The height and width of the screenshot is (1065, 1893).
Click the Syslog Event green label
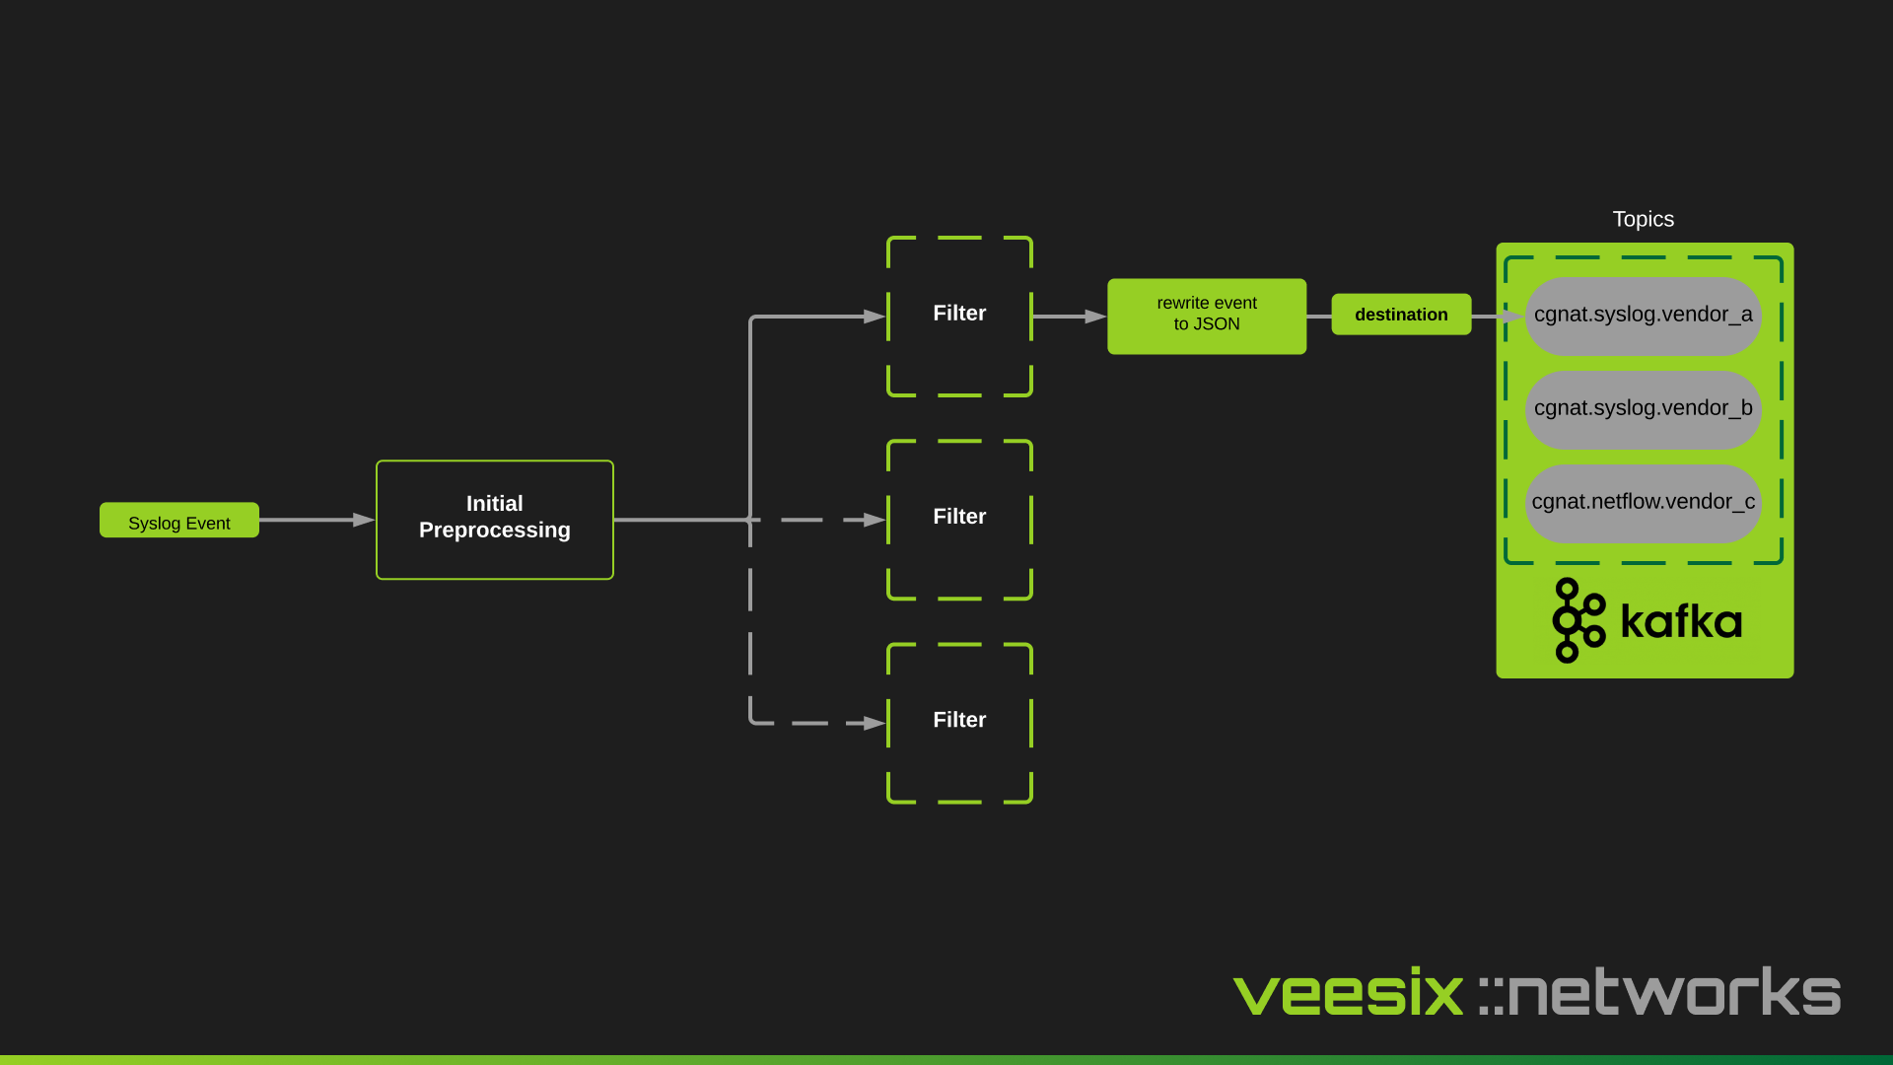(x=179, y=521)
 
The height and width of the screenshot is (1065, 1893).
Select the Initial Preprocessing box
(x=495, y=520)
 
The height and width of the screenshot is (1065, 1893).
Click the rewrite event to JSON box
(x=1207, y=316)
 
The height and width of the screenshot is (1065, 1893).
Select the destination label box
(x=1401, y=315)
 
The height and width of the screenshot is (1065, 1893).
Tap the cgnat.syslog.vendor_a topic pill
(x=1643, y=316)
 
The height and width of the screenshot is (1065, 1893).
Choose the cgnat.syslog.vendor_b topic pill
(x=1643, y=409)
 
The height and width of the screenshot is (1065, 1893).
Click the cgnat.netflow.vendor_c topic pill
(x=1643, y=503)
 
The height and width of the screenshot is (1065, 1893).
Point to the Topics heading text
(x=1643, y=219)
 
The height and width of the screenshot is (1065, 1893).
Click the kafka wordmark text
(x=1681, y=621)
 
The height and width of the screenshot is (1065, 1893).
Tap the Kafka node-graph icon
(x=1577, y=620)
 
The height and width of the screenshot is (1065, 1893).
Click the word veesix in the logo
(x=1348, y=992)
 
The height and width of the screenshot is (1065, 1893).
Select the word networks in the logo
(x=1674, y=992)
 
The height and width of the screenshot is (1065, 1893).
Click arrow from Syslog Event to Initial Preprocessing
(x=315, y=520)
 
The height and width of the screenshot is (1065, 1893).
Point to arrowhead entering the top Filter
(x=875, y=317)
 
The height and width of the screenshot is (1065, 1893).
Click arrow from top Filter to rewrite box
(x=1069, y=317)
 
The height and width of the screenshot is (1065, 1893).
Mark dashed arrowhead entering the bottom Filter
(x=875, y=723)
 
